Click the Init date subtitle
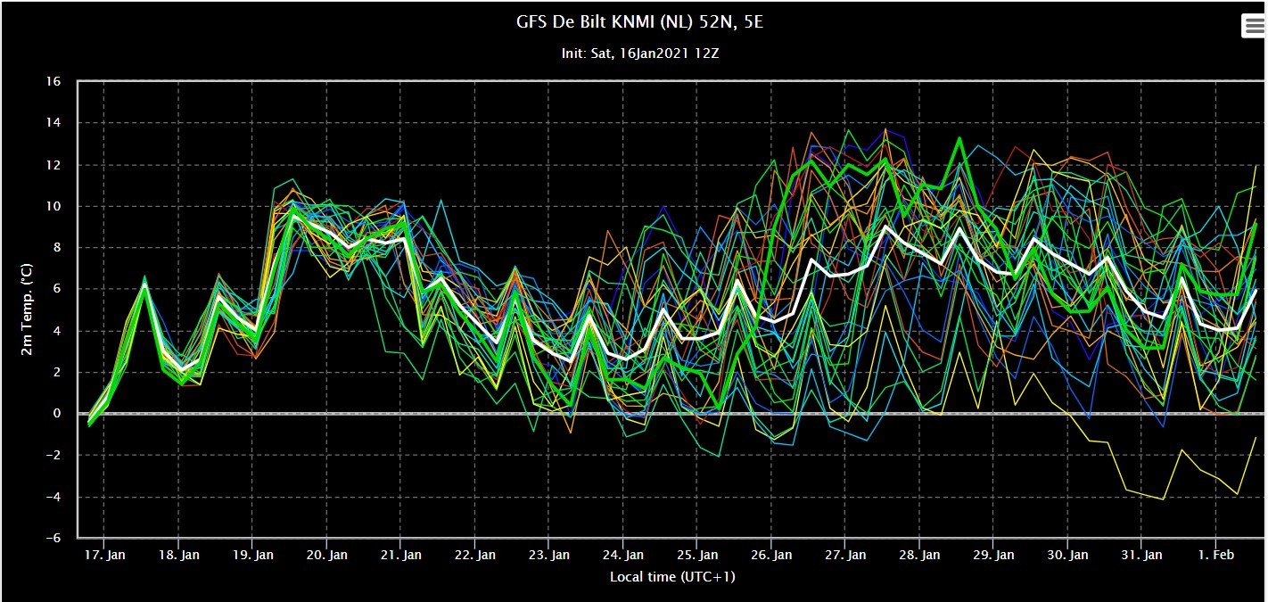click(x=639, y=54)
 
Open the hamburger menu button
click(x=1253, y=26)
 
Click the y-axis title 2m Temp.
click(x=27, y=309)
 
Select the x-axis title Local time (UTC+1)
click(x=672, y=576)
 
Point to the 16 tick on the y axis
click(x=54, y=81)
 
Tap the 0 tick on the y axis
click(x=56, y=414)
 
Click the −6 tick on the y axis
click(x=54, y=538)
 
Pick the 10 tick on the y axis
click(x=54, y=206)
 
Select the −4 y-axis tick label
click(x=54, y=497)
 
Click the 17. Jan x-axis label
click(x=104, y=555)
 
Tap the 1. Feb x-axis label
click(x=1216, y=555)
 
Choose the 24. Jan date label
click(x=623, y=555)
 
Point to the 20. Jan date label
click(x=326, y=555)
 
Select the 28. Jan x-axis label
click(x=919, y=555)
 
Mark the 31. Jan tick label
click(x=1141, y=555)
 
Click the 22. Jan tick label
click(x=475, y=555)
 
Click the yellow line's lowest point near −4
click(x=1164, y=499)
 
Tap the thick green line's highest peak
click(x=960, y=137)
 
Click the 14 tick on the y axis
click(x=54, y=123)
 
